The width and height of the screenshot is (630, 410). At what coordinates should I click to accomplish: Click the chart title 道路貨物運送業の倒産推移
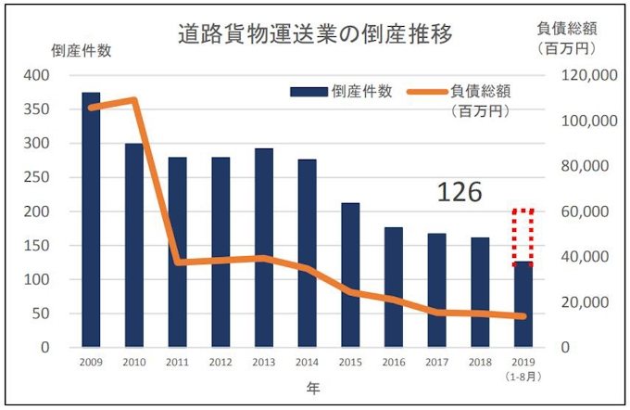315,34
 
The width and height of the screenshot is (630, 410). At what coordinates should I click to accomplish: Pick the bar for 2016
395,288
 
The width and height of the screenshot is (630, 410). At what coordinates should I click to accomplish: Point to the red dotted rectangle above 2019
523,237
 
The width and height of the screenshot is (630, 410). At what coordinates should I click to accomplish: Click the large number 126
460,192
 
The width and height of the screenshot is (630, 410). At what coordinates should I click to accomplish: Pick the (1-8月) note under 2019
523,378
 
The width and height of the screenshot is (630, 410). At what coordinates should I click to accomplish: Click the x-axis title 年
314,391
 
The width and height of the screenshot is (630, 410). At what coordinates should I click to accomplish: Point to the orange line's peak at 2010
134,99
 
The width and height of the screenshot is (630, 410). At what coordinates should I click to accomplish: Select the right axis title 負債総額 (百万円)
565,35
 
